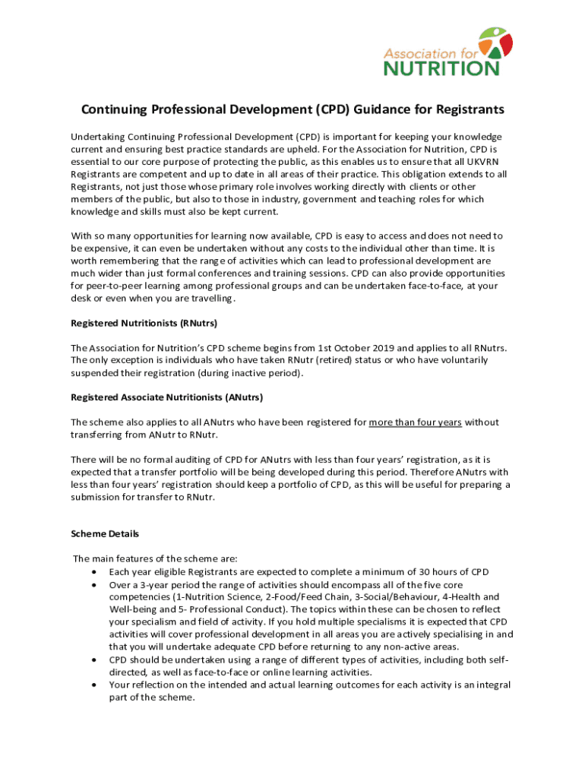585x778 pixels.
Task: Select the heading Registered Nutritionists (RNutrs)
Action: [x=144, y=324]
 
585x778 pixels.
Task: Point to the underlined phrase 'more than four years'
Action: [x=416, y=422]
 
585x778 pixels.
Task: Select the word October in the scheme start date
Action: [x=281, y=348]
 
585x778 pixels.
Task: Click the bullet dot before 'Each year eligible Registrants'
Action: [x=93, y=572]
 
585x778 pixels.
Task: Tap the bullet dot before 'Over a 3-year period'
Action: [x=93, y=585]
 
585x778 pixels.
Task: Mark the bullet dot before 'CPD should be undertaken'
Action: [x=93, y=659]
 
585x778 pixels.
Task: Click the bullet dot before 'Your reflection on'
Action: [x=93, y=685]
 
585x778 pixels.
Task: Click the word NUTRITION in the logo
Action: [x=441, y=68]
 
